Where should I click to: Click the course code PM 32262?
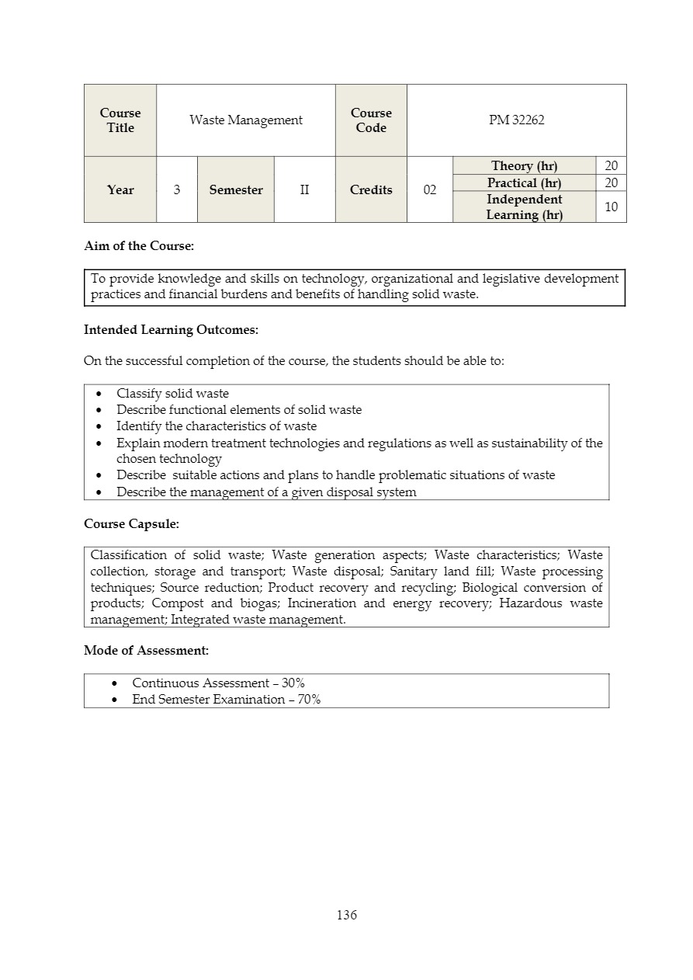pos(516,120)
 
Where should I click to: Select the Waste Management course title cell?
pos(246,120)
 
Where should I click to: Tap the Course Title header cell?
pos(120,120)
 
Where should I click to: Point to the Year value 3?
pos(177,189)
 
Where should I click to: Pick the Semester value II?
pos(304,189)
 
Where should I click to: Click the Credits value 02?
pos(429,189)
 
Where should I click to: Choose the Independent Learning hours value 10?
pos(611,207)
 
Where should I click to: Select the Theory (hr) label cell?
pos(524,165)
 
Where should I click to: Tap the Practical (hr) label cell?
pos(524,182)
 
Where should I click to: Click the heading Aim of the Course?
pos(139,246)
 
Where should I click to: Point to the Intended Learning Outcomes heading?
pos(171,330)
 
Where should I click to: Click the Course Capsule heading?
pos(131,524)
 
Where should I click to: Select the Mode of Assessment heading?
pos(146,651)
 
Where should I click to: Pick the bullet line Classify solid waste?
pos(172,394)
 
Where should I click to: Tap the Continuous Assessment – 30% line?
pos(218,683)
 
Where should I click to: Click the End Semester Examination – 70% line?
pos(226,700)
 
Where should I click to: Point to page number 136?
pos(347,915)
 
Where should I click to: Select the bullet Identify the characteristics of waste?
pos(217,426)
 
